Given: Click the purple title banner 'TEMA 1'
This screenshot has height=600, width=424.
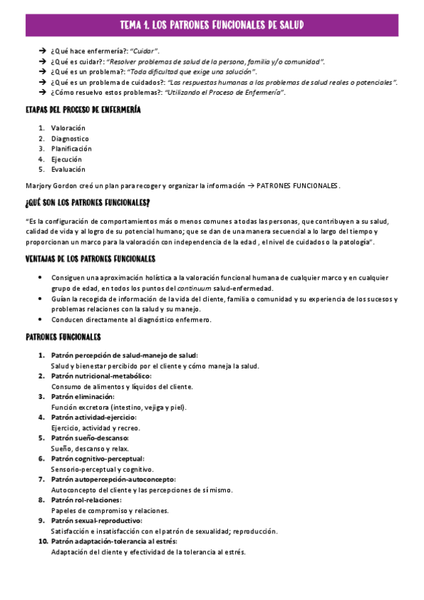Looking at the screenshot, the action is point(212,25).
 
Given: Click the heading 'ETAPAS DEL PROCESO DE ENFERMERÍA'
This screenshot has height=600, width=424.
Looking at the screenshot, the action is point(83,110).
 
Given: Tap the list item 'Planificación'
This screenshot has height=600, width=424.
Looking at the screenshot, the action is point(71,149).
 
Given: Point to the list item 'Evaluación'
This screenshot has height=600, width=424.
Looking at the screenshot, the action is point(68,169).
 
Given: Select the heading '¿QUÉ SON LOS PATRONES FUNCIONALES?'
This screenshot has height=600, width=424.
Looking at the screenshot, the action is point(87,203).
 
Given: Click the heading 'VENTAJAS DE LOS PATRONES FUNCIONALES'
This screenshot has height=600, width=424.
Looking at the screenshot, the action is point(90,258).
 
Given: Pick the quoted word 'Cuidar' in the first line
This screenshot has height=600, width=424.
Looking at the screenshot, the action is point(144,51).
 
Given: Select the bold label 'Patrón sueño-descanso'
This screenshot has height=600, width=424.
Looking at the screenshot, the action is point(89,438).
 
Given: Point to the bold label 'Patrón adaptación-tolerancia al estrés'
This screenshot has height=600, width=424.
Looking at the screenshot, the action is point(114,541).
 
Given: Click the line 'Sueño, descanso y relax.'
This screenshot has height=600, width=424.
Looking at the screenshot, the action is point(89,449).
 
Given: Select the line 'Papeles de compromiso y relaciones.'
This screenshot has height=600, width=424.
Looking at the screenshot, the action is point(109,510).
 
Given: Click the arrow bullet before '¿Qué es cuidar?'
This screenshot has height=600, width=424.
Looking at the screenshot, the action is point(42,62).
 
